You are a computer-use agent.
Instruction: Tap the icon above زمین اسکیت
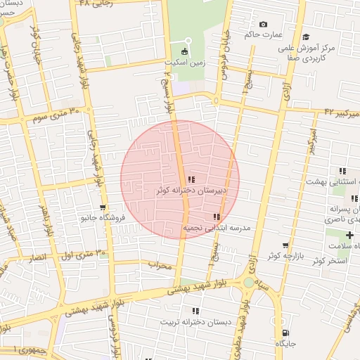coord(185,51)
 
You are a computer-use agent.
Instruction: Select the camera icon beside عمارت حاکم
coord(264,25)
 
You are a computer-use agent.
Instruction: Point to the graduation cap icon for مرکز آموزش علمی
coord(304,37)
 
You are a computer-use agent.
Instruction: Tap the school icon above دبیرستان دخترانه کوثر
coord(191,180)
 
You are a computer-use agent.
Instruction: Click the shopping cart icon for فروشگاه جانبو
coord(103,207)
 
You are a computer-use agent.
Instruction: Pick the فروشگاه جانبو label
coord(103,218)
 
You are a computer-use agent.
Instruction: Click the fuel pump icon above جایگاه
coord(285,333)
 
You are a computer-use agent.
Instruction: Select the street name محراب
coord(160,265)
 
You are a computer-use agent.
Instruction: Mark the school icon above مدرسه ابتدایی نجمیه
coord(217,217)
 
